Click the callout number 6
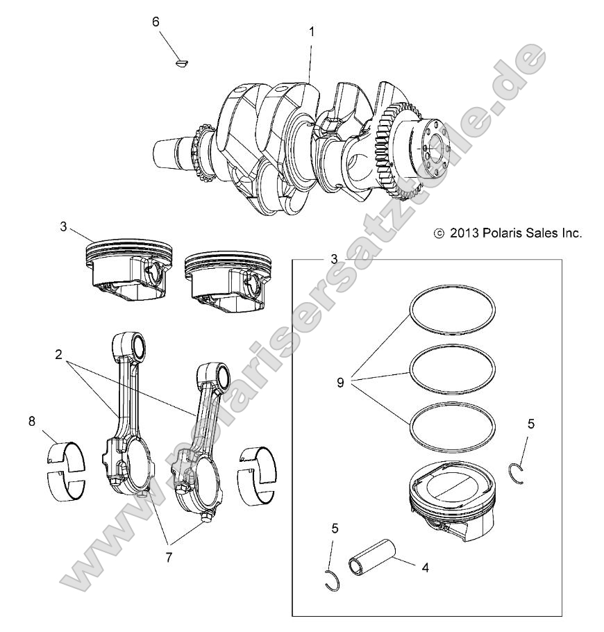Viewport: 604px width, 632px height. [x=156, y=22]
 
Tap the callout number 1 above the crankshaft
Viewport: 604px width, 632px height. [x=312, y=31]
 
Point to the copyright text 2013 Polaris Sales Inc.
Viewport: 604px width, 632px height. [x=507, y=234]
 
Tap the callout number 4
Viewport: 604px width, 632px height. [x=424, y=566]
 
